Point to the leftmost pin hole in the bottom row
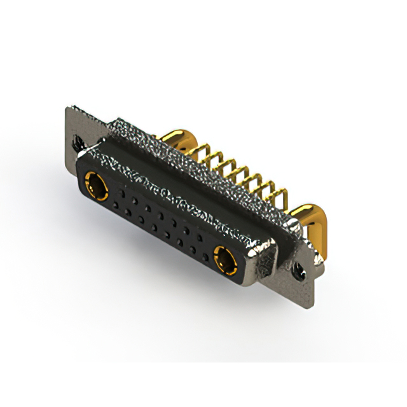tap(115, 210)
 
